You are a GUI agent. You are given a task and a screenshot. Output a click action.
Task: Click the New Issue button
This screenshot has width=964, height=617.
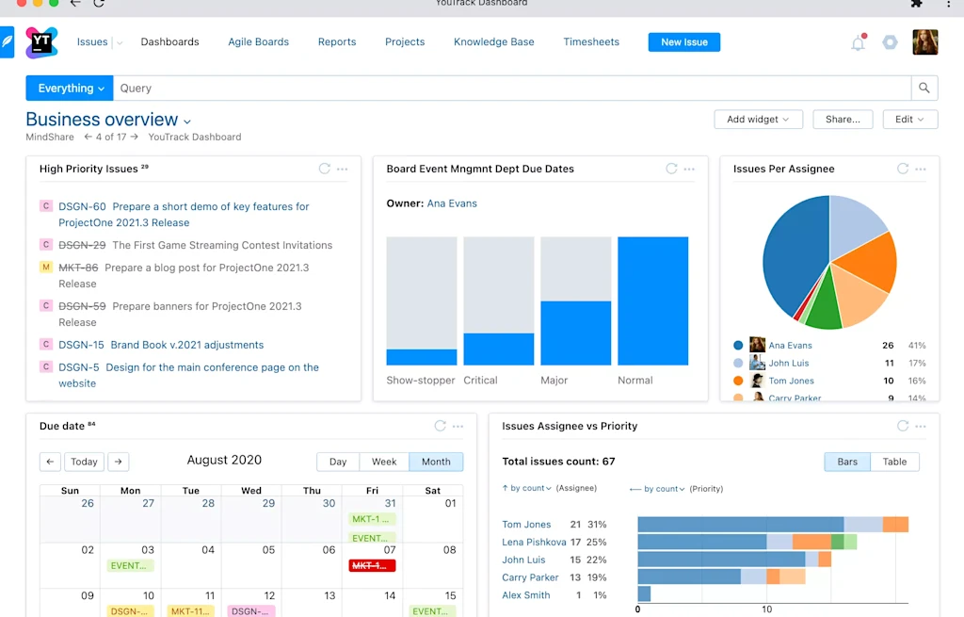click(683, 42)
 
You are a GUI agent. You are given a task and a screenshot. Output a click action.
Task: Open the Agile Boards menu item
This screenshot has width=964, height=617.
click(258, 42)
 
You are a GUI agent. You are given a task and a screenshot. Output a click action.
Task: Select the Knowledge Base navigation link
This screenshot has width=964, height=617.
click(493, 42)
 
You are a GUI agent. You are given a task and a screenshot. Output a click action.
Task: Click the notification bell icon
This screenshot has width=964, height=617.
click(858, 43)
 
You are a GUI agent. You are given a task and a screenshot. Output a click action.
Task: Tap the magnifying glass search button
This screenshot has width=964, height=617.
click(924, 89)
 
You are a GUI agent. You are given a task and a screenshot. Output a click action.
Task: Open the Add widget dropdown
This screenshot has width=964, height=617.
click(758, 120)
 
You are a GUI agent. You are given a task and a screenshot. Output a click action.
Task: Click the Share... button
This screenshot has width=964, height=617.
click(843, 120)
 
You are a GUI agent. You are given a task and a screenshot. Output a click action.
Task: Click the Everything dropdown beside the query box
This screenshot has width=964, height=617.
click(71, 89)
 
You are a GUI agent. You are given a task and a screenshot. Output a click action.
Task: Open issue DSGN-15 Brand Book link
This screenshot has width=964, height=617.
click(186, 345)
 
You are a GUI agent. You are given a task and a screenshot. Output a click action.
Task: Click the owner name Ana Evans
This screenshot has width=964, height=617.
click(452, 203)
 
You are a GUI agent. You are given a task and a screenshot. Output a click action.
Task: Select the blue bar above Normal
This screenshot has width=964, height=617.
click(652, 300)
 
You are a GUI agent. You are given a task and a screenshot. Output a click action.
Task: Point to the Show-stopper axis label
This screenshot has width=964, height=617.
click(420, 381)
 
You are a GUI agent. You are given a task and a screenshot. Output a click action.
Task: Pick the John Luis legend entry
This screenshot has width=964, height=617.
click(789, 363)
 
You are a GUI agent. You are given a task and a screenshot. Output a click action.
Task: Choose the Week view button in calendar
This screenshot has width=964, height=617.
click(384, 462)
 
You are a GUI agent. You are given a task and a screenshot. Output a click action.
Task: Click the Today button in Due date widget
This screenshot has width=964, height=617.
click(85, 462)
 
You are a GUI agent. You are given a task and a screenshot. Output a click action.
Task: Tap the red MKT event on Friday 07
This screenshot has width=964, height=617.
click(373, 565)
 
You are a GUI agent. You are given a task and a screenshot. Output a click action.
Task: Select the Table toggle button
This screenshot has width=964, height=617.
click(894, 462)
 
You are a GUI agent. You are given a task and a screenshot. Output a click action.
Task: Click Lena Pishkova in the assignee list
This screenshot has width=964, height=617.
click(534, 542)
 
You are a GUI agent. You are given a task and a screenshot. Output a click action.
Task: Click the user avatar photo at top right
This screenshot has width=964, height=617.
click(924, 42)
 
